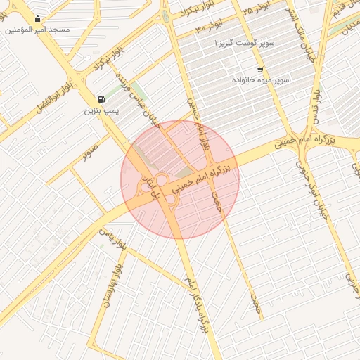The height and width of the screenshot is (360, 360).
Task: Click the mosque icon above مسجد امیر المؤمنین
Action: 37,19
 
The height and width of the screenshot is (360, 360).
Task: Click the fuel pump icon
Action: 103,99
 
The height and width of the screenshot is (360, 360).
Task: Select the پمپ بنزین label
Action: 102,110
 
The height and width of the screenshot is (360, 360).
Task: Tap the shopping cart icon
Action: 260,69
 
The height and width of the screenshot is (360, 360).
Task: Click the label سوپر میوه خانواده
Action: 262,80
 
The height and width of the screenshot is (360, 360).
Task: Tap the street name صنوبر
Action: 89,153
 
